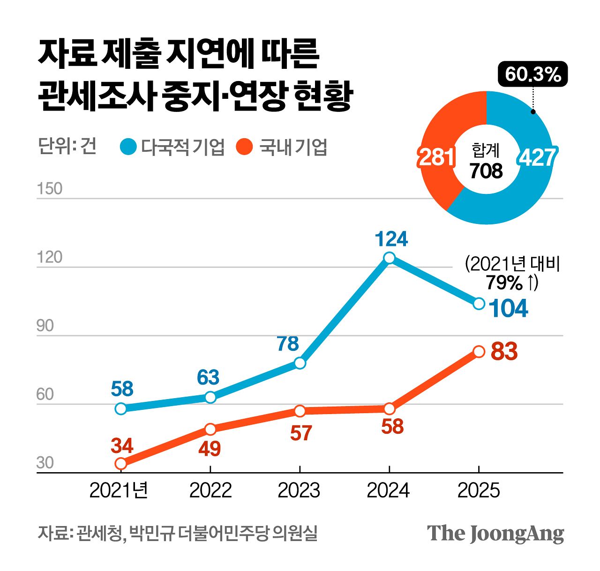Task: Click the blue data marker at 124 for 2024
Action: pos(389,258)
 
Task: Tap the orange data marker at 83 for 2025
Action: pos(479,352)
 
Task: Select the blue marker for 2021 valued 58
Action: pos(121,408)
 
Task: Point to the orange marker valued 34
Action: pos(121,464)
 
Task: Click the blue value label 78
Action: pos(288,344)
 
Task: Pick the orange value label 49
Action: pos(209,449)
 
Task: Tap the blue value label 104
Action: pos(508,308)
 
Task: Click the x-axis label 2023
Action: pos(299,490)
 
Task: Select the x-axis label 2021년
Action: pos(119,490)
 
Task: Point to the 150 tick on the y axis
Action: pos(50,188)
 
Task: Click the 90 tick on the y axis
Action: pos(45,326)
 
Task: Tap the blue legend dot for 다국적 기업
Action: pos(128,147)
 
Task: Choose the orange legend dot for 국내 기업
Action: pos(245,147)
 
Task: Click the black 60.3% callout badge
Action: pos(533,74)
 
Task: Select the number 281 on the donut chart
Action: pos(436,157)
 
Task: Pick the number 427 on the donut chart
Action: pos(537,157)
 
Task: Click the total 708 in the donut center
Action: pos(486,171)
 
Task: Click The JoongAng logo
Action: pos(495,534)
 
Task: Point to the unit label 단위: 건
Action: pos(67,146)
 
